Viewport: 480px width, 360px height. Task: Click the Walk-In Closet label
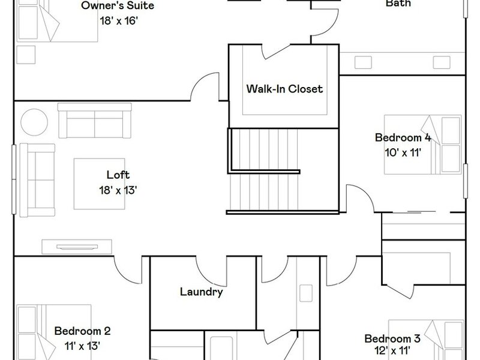(284, 89)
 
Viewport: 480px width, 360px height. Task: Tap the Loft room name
(118, 175)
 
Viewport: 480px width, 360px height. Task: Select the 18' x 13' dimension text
(118, 190)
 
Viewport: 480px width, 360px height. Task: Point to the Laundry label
(201, 292)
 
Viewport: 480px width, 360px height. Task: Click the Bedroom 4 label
(403, 137)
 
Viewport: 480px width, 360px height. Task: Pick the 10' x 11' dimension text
(403, 152)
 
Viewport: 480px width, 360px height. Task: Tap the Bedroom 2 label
(82, 331)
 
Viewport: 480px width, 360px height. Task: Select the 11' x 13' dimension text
(82, 346)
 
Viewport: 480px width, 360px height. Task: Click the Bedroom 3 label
(392, 338)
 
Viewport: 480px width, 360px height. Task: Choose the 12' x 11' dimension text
(392, 350)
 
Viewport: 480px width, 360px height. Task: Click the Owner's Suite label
(118, 5)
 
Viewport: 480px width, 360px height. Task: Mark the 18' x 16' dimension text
(119, 21)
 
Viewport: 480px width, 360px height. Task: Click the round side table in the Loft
(34, 122)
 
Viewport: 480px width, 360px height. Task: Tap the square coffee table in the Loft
(99, 184)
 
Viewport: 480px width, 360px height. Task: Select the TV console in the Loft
(77, 247)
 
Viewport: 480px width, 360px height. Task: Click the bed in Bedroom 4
(423, 145)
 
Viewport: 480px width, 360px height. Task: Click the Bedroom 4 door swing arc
(365, 191)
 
